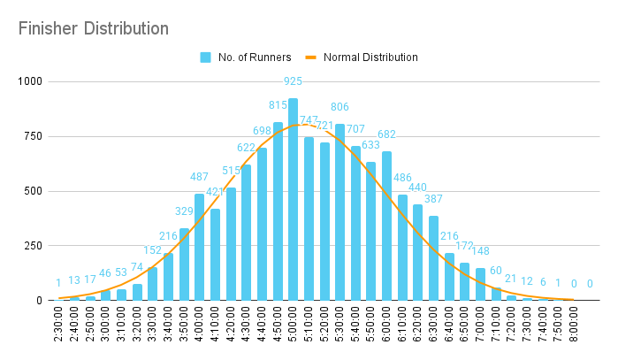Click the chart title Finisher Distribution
click(94, 28)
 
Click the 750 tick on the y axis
click(34, 136)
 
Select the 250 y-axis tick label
click(34, 246)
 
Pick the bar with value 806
click(340, 212)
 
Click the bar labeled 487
click(199, 248)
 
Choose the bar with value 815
click(278, 211)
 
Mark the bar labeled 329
click(184, 264)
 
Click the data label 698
click(263, 130)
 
